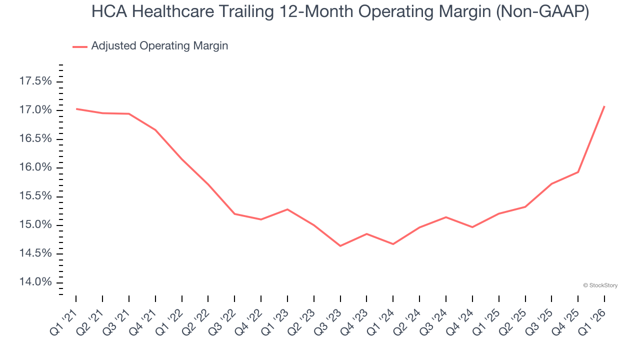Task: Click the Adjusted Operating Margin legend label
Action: pyautogui.click(x=159, y=46)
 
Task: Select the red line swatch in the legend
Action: pyautogui.click(x=80, y=46)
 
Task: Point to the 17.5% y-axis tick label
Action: pyautogui.click(x=35, y=81)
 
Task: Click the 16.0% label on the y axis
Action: pyautogui.click(x=35, y=167)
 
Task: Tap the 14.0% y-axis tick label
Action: pyautogui.click(x=35, y=282)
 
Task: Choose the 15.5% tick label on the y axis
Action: pyautogui.click(x=35, y=196)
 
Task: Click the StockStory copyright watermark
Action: pyautogui.click(x=600, y=285)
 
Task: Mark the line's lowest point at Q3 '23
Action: pyautogui.click(x=340, y=246)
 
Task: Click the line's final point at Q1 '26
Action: pyautogui.click(x=604, y=106)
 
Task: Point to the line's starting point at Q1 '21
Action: pyautogui.click(x=76, y=108)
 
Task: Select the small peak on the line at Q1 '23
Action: pyautogui.click(x=287, y=209)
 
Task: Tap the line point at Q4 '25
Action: pyautogui.click(x=578, y=172)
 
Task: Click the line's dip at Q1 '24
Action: pyautogui.click(x=393, y=244)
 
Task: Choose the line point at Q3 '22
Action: pyautogui.click(x=234, y=213)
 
